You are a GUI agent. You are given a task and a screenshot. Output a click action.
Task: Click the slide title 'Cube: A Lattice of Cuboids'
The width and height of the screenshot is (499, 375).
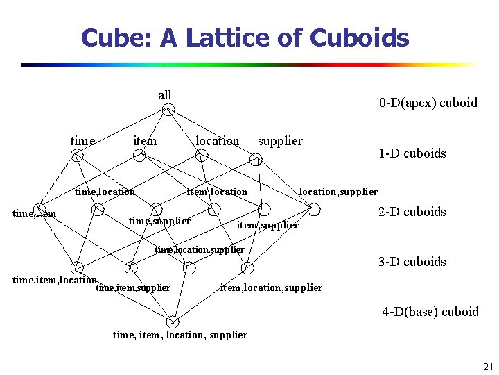[x=245, y=37]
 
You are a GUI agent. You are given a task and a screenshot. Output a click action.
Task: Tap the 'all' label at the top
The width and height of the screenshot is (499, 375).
[x=165, y=95]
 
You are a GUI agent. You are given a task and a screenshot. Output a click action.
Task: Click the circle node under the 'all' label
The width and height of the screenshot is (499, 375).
[x=168, y=110]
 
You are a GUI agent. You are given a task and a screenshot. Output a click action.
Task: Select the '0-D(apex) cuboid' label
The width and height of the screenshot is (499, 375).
[x=428, y=103]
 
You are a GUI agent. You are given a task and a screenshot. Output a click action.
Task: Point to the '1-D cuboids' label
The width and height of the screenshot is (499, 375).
[x=412, y=153]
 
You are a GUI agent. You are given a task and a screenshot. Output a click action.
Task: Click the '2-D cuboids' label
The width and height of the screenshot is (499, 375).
[x=412, y=212]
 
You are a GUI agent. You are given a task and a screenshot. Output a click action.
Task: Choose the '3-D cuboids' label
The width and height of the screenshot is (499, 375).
[x=412, y=262]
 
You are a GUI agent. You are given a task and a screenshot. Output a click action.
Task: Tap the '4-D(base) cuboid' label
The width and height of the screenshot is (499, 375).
[x=430, y=312]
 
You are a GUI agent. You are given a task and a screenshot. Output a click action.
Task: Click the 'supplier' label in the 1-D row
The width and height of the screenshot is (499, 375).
[x=280, y=141]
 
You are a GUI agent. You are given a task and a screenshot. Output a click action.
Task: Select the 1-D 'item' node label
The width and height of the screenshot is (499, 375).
[x=145, y=141]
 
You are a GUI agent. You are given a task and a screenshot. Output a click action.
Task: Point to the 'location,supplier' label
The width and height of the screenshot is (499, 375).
[x=338, y=192]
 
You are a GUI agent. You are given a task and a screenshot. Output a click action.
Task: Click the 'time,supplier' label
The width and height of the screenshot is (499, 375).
[x=160, y=221]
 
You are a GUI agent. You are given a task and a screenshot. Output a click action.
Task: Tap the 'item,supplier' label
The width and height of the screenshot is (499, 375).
[x=268, y=225]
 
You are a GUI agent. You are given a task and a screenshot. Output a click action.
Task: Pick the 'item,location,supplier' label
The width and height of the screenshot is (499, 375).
[x=271, y=287]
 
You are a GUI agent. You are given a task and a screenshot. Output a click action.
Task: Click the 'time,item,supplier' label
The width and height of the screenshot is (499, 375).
[x=133, y=287]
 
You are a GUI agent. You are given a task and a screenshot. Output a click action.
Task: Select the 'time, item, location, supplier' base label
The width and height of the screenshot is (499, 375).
[x=180, y=335]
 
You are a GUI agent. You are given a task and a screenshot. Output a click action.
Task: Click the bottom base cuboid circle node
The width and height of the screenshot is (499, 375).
[x=173, y=321]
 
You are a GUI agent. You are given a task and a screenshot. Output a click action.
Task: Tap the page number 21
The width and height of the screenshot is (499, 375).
[x=487, y=367]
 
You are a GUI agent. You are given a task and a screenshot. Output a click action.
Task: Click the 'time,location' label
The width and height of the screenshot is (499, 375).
[x=105, y=192]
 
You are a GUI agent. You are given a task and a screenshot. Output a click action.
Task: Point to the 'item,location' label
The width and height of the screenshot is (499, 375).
[x=217, y=192]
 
